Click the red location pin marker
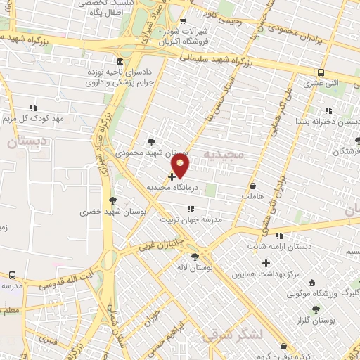pos(181,166)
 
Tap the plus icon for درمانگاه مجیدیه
pos(172,176)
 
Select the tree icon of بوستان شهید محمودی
pos(152,143)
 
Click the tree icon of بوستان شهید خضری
pos(112,200)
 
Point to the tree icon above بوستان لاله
pos(204,257)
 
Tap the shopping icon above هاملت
pos(252,186)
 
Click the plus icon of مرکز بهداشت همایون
pos(266,264)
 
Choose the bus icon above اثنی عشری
pos(321,72)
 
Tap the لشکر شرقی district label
pos(233,336)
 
